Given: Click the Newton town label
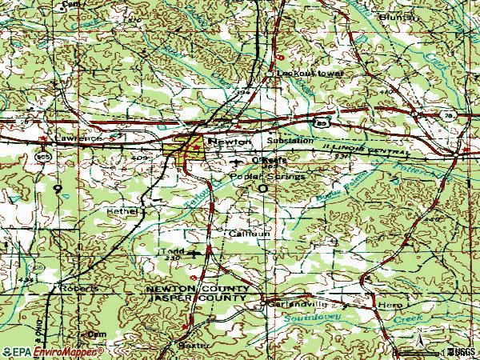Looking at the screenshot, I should pos(223,141).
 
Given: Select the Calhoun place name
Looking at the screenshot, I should pos(245,234).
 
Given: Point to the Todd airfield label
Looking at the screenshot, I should pos(169,251).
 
